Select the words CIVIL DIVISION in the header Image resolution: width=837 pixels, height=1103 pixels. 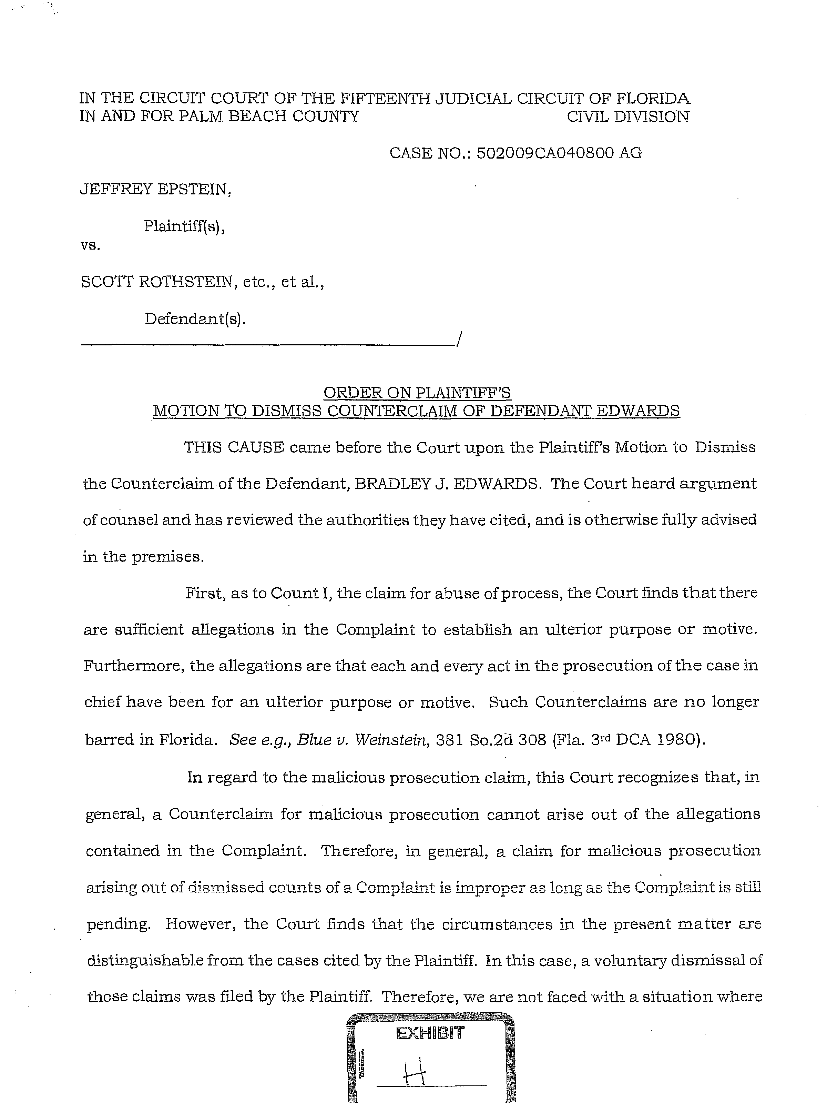click(x=628, y=117)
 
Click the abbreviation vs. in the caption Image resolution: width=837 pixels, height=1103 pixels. click(x=90, y=245)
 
